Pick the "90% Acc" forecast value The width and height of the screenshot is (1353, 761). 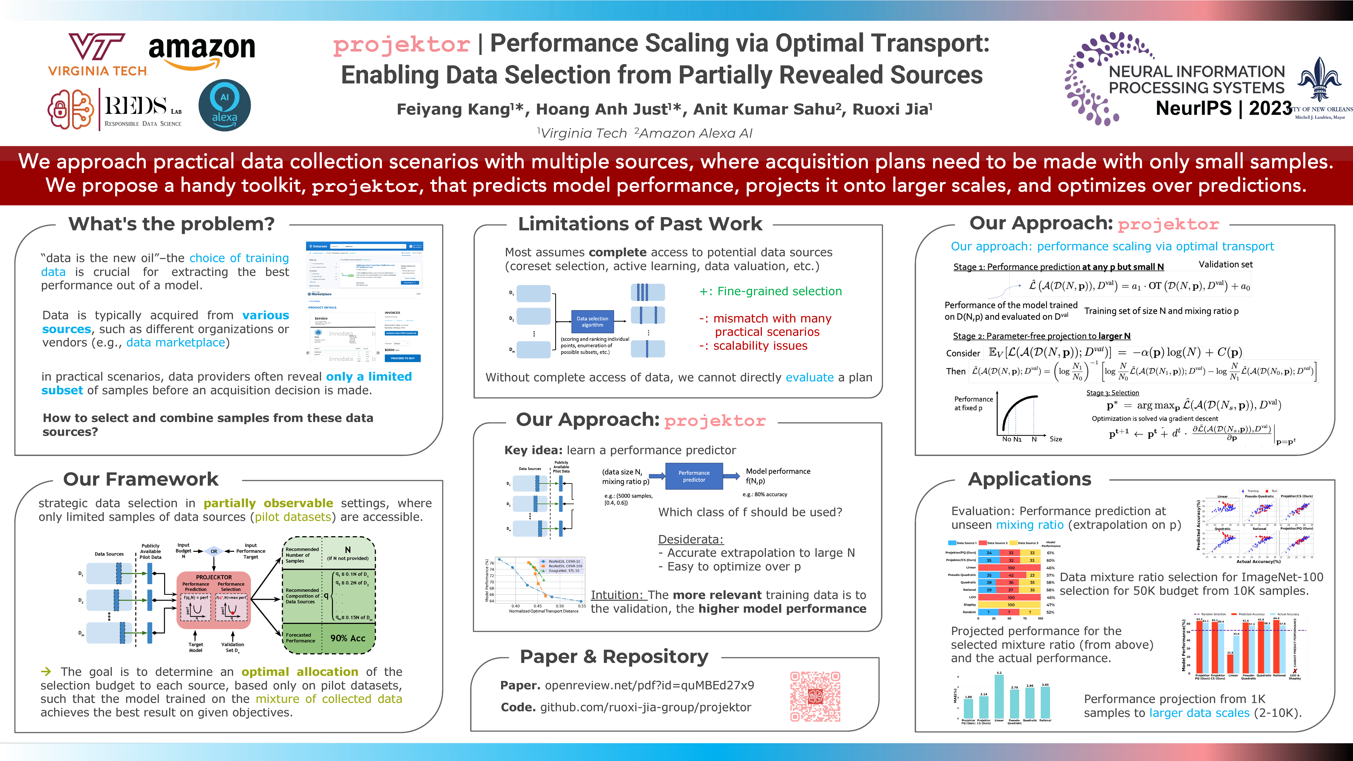click(x=348, y=638)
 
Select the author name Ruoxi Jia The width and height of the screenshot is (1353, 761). click(x=892, y=109)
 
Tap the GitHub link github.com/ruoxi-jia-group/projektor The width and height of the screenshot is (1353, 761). click(x=646, y=707)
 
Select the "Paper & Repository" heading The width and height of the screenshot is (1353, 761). click(x=614, y=656)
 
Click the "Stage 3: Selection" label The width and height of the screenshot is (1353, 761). click(x=1113, y=393)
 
